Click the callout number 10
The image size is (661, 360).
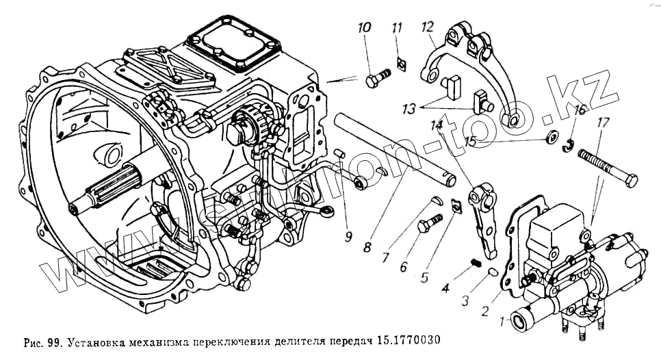(x=364, y=28)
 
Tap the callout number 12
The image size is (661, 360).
(x=427, y=27)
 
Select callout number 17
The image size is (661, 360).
(x=603, y=125)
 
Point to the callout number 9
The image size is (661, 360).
(x=348, y=237)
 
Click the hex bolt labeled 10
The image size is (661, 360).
(x=376, y=77)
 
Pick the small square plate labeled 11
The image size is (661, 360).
(x=401, y=64)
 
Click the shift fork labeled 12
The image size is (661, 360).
(x=479, y=75)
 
